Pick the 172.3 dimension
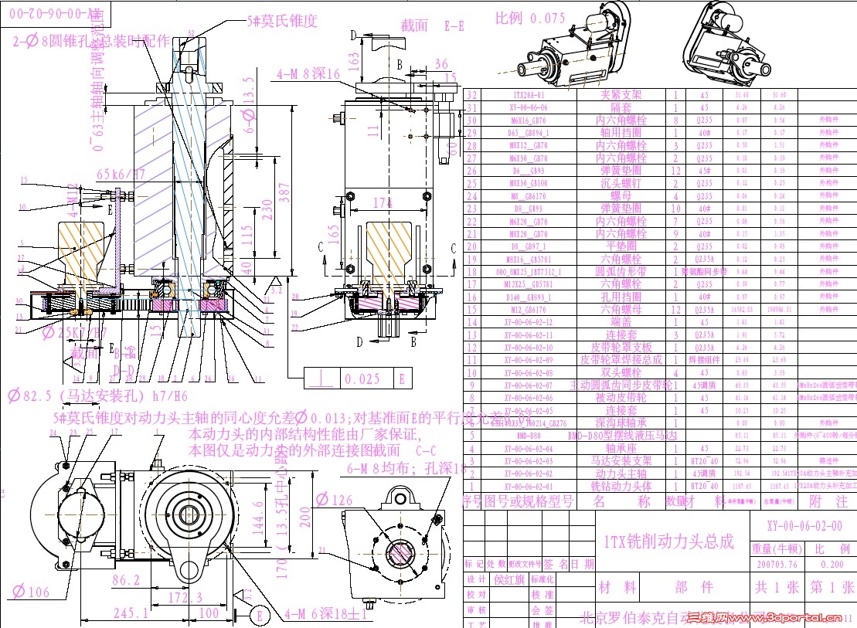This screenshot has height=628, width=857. [x=184, y=596]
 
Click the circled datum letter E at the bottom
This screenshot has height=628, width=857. [x=262, y=615]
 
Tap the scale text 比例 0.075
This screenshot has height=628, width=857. [x=530, y=18]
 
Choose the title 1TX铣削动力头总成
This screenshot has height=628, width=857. [x=668, y=541]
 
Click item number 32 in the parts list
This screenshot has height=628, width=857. [x=473, y=95]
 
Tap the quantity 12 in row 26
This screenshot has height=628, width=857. [x=675, y=171]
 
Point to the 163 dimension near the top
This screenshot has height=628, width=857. [x=354, y=59]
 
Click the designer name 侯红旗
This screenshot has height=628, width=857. [x=509, y=579]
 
